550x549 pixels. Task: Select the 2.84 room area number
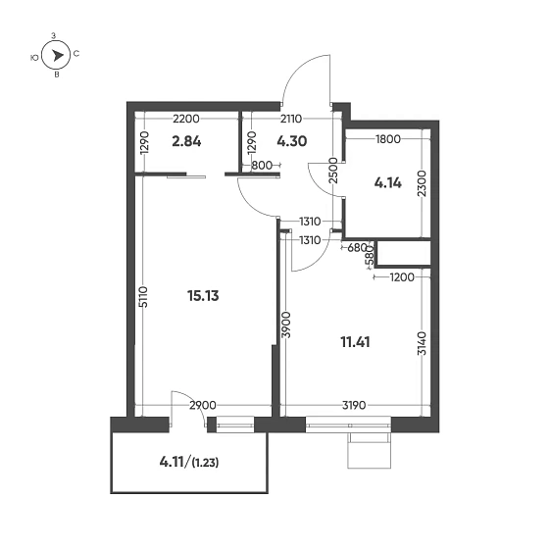[187, 140]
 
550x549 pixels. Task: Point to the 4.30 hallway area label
[292, 140]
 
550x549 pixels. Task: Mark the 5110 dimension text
[142, 298]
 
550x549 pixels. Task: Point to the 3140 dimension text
[421, 345]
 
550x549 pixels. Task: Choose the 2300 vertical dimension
[421, 184]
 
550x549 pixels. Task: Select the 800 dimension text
[262, 165]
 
